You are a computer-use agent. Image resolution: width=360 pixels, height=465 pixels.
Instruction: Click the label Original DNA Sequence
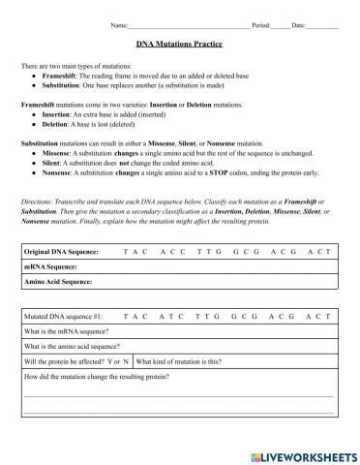point(66,250)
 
